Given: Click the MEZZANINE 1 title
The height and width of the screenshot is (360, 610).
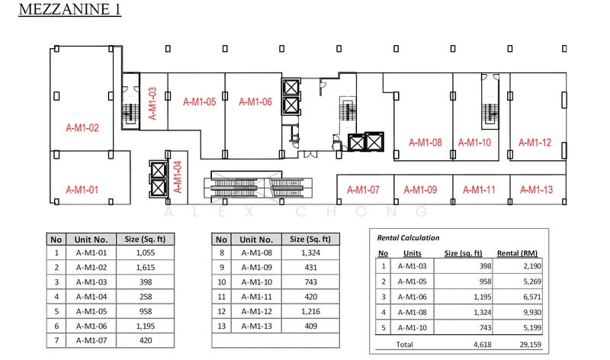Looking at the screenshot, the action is [70, 9].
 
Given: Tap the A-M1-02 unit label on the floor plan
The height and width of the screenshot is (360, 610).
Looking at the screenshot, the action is [82, 127].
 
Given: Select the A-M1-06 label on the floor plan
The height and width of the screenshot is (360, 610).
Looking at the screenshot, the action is [255, 102].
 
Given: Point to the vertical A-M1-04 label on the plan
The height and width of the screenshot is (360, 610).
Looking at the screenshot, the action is [178, 177].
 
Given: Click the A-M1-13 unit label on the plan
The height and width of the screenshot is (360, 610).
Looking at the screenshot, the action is [537, 190].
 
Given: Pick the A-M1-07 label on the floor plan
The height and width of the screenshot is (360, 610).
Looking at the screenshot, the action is [363, 190].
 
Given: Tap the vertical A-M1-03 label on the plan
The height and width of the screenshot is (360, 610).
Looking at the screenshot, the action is [152, 104].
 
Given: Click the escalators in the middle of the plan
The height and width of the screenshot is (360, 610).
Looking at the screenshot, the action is [258, 187].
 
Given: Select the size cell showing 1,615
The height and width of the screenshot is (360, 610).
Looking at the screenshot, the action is [146, 268].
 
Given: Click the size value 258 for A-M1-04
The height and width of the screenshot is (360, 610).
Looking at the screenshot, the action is [146, 297].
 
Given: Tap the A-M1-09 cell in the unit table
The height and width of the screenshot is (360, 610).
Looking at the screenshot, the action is [256, 268].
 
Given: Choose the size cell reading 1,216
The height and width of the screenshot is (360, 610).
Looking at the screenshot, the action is [311, 311].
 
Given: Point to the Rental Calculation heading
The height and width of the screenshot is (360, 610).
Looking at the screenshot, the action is [408, 238].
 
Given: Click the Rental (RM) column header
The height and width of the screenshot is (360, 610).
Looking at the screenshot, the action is [517, 253].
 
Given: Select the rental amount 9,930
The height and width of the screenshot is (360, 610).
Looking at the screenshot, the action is [532, 312].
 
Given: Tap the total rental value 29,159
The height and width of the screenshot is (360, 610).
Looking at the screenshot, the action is [530, 345].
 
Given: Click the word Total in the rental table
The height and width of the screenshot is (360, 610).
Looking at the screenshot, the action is [405, 345].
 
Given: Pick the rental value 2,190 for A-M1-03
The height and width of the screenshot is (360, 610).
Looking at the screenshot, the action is [532, 266].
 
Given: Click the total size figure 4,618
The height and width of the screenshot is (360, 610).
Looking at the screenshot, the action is [483, 345].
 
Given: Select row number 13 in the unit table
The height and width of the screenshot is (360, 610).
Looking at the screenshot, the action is [221, 326].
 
